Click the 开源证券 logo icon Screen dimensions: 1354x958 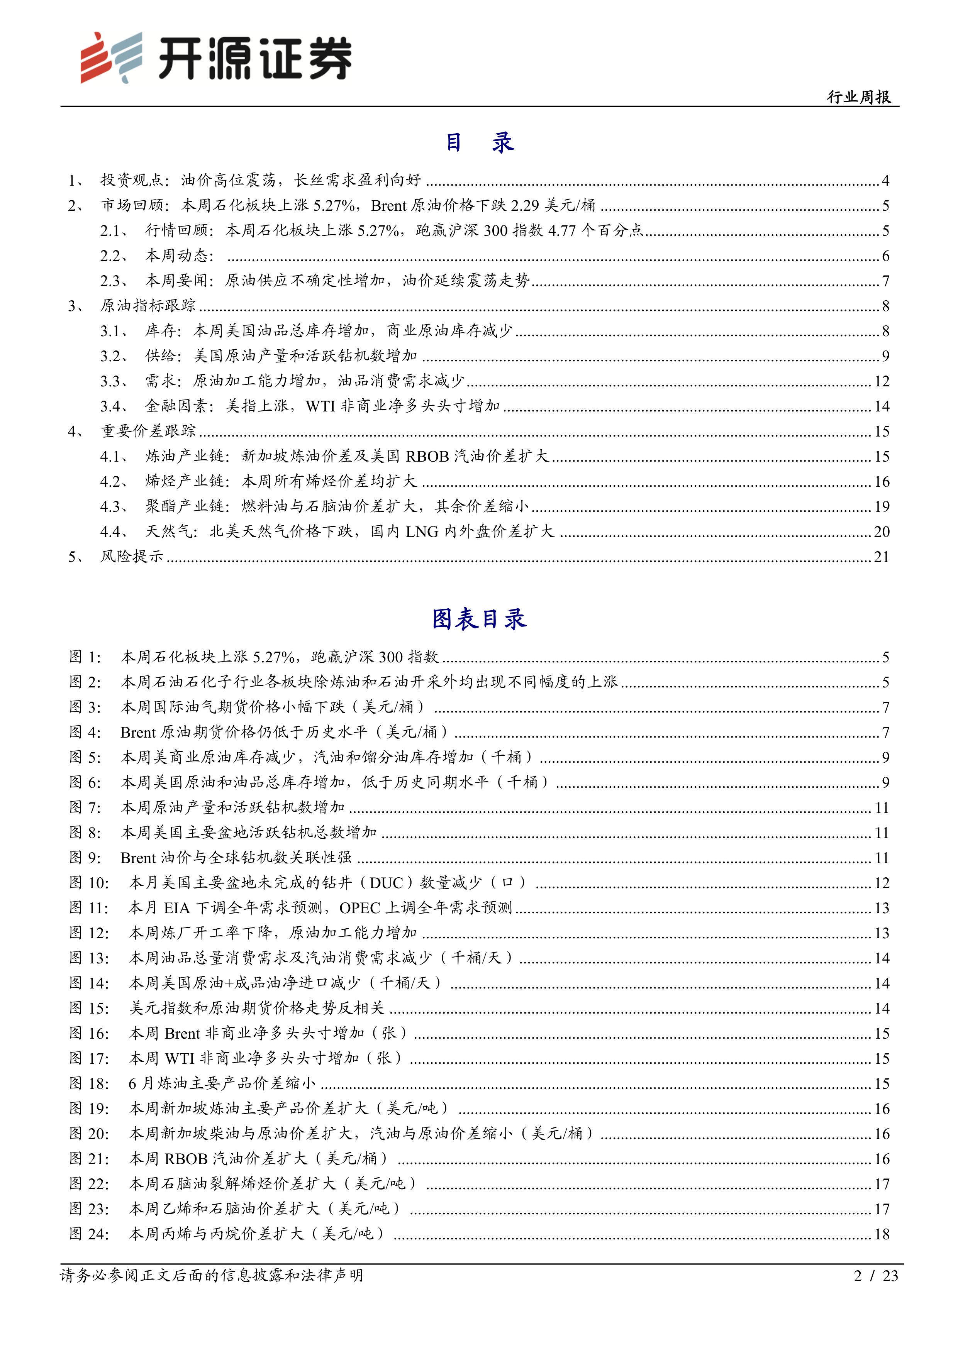pos(112,57)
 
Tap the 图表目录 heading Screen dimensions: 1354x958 pos(479,619)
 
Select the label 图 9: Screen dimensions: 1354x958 pos(85,858)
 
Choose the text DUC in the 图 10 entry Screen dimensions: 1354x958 pos(387,883)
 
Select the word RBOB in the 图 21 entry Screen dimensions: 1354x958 pos(186,1159)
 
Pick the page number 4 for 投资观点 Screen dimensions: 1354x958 pos(885,181)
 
